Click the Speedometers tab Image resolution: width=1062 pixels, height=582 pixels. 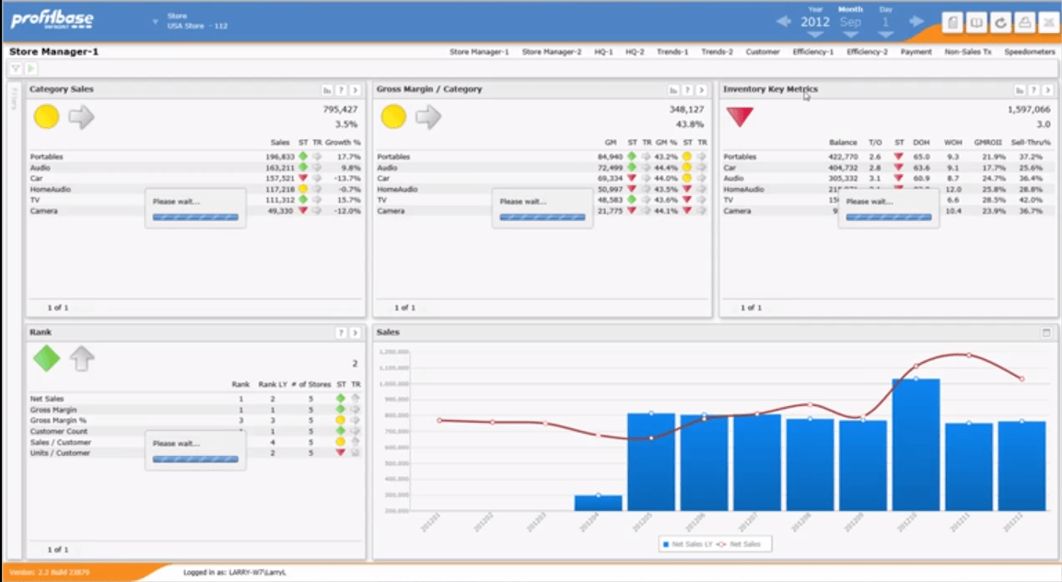[1029, 52]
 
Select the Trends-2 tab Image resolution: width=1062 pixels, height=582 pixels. [717, 52]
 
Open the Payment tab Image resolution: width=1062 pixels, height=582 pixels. [916, 52]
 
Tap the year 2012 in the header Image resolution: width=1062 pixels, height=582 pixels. [814, 22]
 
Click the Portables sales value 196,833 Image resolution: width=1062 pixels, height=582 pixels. [280, 157]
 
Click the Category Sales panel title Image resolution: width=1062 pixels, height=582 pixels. [61, 89]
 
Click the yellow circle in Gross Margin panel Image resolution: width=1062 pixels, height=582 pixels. [393, 117]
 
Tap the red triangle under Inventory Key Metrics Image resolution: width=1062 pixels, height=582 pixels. [740, 117]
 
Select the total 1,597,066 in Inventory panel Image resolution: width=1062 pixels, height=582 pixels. [1029, 109]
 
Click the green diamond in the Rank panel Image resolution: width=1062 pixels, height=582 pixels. [46, 358]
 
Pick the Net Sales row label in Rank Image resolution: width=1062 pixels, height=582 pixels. [47, 399]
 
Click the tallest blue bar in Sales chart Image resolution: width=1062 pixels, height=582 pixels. [916, 444]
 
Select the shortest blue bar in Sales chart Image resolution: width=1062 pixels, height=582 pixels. [598, 503]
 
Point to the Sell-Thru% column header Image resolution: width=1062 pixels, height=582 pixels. [1032, 143]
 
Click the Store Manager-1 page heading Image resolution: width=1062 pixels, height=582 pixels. [53, 52]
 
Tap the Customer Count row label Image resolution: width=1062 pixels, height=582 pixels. [59, 431]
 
